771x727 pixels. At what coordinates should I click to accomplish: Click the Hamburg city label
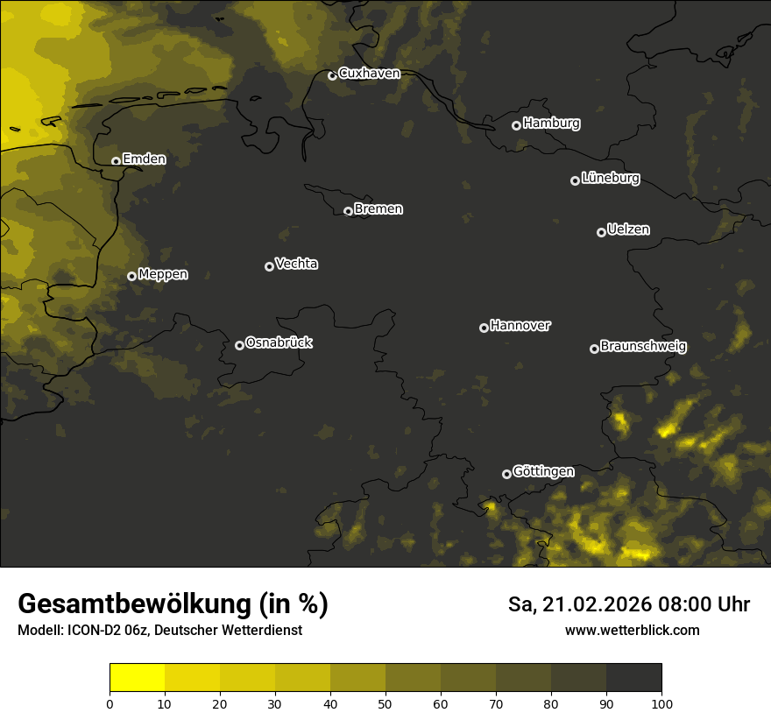(551, 124)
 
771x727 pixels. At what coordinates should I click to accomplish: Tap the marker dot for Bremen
(348, 211)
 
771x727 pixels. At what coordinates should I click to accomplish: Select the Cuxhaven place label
(369, 74)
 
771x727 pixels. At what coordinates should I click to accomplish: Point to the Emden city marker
(116, 161)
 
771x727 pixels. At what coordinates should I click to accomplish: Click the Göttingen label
(543, 471)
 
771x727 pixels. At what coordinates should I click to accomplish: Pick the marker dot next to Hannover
(484, 328)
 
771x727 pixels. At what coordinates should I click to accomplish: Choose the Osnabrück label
(279, 342)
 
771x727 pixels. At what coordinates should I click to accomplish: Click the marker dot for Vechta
(269, 266)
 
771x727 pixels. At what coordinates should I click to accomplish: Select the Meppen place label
(163, 274)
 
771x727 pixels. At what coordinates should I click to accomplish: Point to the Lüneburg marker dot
(575, 180)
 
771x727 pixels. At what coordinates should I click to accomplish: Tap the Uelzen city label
(628, 229)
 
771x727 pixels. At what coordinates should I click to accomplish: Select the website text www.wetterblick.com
(633, 630)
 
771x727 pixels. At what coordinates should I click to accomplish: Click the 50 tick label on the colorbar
(385, 702)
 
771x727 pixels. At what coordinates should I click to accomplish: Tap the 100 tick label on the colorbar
(661, 702)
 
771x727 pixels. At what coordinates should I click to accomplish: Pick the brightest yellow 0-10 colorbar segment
(137, 678)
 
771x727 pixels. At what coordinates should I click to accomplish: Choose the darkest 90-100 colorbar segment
(633, 678)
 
